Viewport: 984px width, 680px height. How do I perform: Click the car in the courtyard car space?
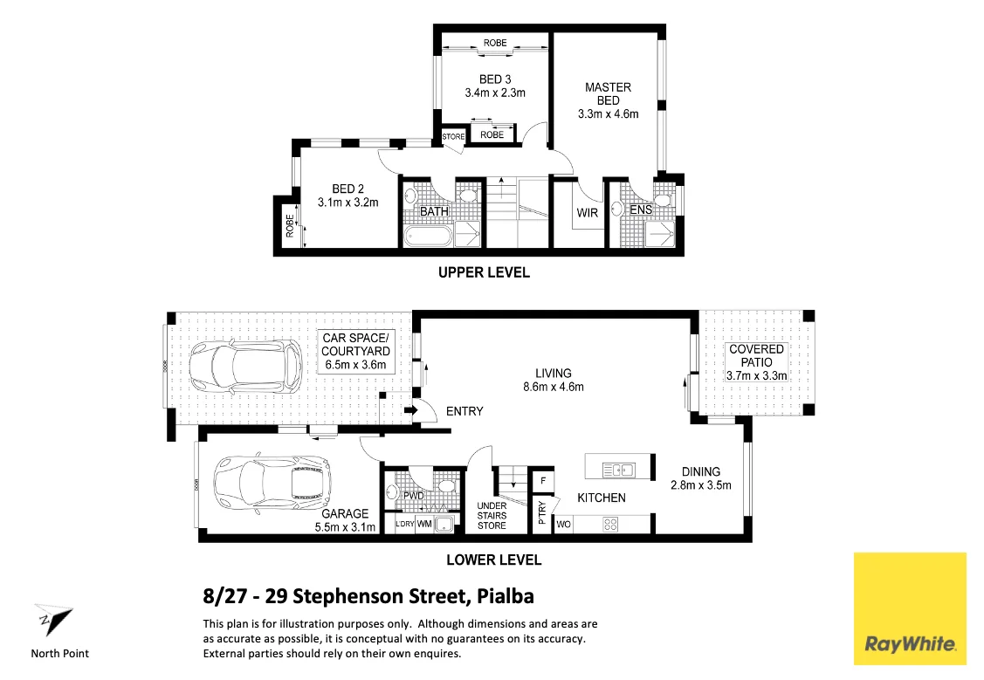[245, 366]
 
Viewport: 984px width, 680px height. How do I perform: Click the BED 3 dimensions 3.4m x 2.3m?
[495, 93]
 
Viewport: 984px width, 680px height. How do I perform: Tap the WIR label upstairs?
[587, 212]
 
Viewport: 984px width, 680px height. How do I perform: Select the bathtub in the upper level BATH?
[428, 236]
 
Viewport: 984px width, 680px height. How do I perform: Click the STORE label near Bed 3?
[453, 136]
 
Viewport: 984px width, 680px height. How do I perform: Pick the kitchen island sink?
[619, 470]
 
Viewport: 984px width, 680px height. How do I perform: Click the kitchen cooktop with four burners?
[610, 525]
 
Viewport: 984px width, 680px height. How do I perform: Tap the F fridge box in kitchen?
[542, 480]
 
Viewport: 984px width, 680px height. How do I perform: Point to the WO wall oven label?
[562, 525]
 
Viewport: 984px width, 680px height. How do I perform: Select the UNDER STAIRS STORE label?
[492, 515]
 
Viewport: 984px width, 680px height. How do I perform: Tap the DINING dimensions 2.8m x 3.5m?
[700, 485]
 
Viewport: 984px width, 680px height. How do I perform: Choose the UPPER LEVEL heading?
[484, 272]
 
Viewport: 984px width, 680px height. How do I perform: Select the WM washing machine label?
[425, 524]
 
